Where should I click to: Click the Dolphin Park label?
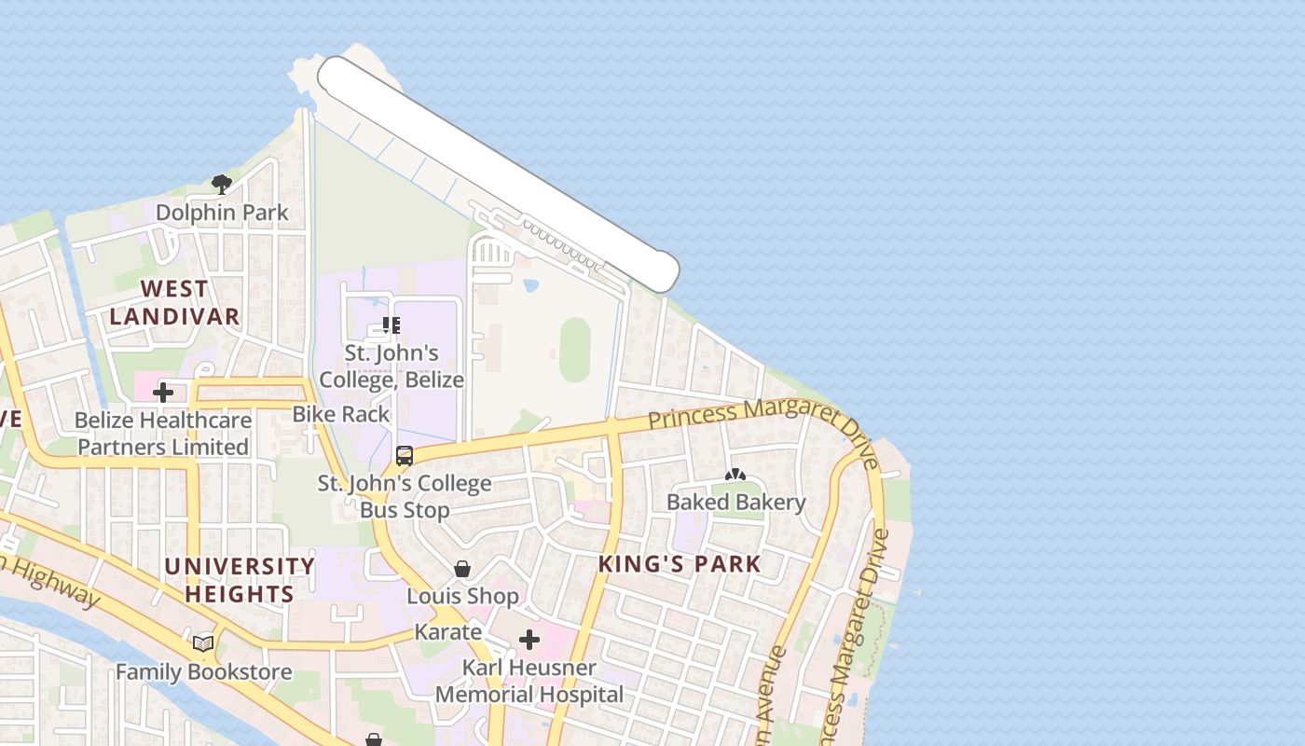point(222,213)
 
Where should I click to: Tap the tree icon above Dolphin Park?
point(221,184)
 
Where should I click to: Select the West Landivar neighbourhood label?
point(174,302)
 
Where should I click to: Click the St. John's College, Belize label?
point(391,366)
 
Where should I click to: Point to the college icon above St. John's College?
point(391,325)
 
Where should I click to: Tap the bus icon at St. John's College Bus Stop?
point(405,456)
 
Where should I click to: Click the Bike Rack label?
point(341,414)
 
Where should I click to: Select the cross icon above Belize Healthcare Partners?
point(163,393)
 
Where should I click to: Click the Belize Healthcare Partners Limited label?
point(163,434)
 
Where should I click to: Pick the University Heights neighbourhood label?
point(240,580)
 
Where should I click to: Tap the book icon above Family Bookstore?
point(203,643)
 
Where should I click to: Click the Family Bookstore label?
point(203,671)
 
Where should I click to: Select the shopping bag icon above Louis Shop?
point(462,569)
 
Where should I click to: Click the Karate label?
point(447,632)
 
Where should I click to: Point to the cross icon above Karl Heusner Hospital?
point(529,640)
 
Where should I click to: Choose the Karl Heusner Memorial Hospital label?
point(529,682)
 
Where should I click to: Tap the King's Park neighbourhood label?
point(680,564)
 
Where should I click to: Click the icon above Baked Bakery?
point(735,475)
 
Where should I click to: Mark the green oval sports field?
point(575,350)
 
